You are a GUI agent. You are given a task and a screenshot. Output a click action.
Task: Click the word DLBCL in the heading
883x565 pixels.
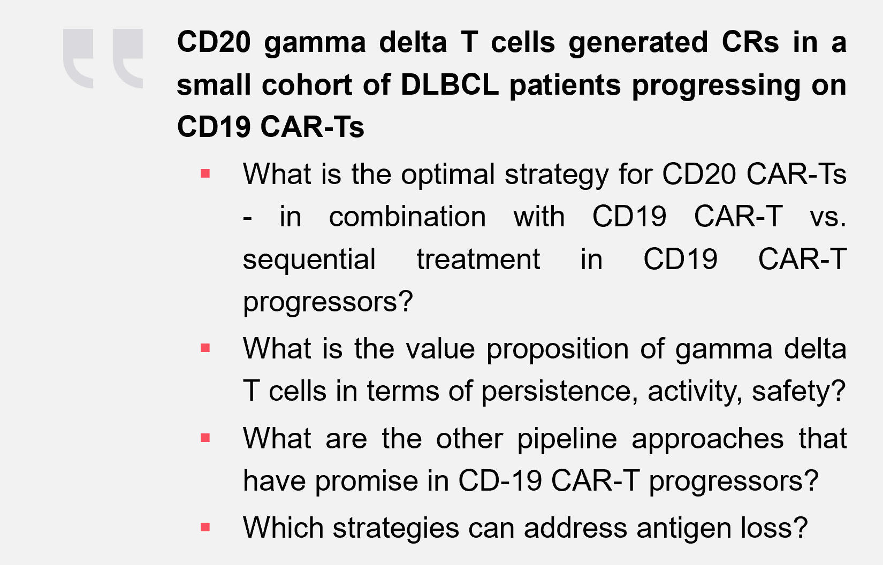(450, 85)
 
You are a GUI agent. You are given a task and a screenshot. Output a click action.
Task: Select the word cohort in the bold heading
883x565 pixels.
(307, 85)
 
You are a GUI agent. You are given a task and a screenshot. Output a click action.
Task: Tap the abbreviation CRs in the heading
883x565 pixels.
(750, 42)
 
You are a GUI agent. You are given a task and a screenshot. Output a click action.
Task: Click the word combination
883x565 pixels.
(407, 216)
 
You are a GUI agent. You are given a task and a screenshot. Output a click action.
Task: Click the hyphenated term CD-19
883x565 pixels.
(500, 480)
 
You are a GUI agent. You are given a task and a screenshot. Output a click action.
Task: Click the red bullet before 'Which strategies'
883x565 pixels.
(205, 527)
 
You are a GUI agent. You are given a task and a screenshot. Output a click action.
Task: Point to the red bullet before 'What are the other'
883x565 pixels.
(205, 438)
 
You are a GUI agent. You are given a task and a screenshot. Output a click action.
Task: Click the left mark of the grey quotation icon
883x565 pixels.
(78, 58)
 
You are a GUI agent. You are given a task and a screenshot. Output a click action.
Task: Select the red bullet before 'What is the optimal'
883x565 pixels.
(205, 173)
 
